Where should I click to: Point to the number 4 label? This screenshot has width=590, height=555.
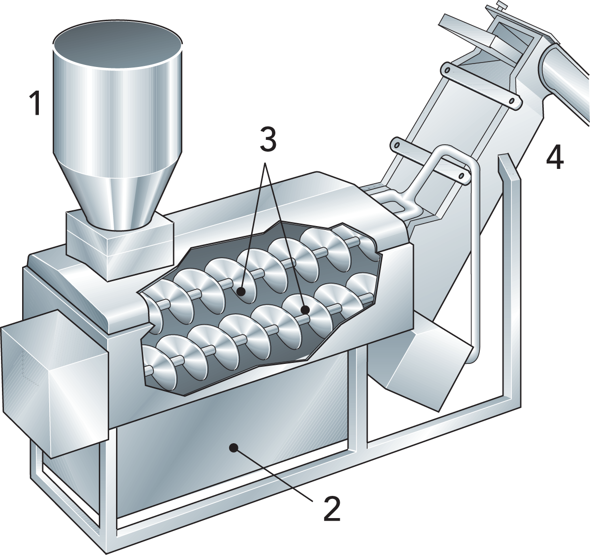click(555, 158)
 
